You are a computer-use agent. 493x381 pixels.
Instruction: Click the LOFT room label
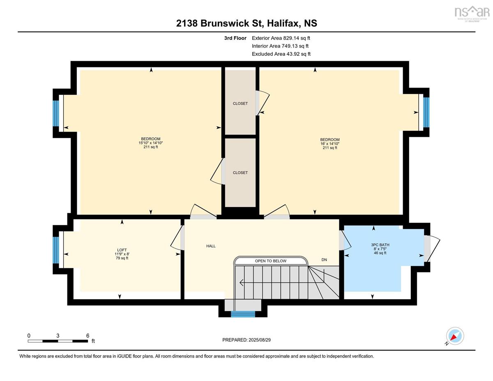pyautogui.click(x=122, y=249)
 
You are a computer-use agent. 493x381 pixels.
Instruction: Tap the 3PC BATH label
pyautogui.click(x=380, y=245)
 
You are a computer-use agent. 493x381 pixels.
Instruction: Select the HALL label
pyautogui.click(x=211, y=246)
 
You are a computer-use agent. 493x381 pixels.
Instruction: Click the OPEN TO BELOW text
pyautogui.click(x=270, y=261)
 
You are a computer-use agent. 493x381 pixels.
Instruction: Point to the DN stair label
pyautogui.click(x=324, y=260)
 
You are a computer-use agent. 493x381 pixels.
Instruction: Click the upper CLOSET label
pyautogui.click(x=240, y=104)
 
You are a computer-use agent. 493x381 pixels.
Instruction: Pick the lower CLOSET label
pyautogui.click(x=240, y=173)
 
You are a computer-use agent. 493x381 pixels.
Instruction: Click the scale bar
pyautogui.click(x=58, y=341)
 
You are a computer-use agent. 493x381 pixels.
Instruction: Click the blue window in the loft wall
pyautogui.click(x=56, y=250)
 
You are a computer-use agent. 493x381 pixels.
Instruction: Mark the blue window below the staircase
pyautogui.click(x=243, y=314)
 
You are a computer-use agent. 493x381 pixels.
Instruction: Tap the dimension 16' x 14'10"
pyautogui.click(x=329, y=143)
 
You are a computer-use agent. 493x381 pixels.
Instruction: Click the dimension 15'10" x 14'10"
pyautogui.click(x=151, y=143)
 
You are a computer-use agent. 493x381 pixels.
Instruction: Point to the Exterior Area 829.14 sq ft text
pyautogui.click(x=281, y=38)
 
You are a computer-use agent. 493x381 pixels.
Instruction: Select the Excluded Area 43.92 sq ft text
pyautogui.click(x=281, y=54)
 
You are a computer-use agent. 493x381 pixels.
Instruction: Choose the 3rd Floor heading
pyautogui.click(x=235, y=38)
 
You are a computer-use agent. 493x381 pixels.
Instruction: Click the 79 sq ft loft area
pyautogui.click(x=122, y=258)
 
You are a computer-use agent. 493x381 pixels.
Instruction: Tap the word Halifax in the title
pyautogui.click(x=283, y=23)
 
